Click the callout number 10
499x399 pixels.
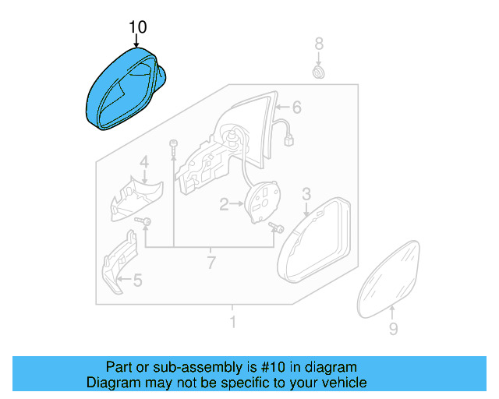pyautogui.click(x=137, y=26)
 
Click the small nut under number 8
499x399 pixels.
pyautogui.click(x=318, y=72)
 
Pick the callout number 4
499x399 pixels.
pyautogui.click(x=143, y=162)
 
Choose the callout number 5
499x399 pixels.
pyautogui.click(x=137, y=281)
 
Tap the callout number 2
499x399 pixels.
pyautogui.click(x=224, y=205)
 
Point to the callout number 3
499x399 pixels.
pyautogui.click(x=306, y=193)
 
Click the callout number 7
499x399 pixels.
pyautogui.click(x=211, y=263)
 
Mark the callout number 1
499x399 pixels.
pyautogui.click(x=232, y=322)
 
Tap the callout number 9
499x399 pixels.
pyautogui.click(x=393, y=330)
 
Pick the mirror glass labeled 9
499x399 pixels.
pyautogui.click(x=391, y=277)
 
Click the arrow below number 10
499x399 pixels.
pyautogui.click(x=137, y=41)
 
